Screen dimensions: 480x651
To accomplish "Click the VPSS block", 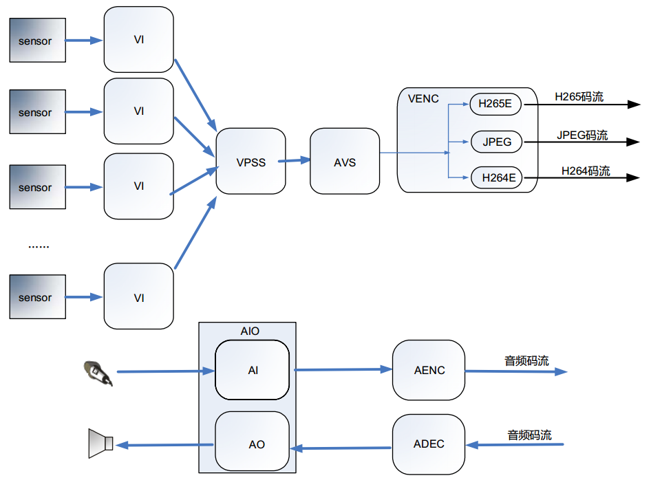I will click(250, 162).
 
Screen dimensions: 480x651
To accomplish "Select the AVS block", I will click(345, 162).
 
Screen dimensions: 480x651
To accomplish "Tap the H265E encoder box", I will click(495, 105).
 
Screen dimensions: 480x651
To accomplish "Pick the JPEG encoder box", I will click(495, 142).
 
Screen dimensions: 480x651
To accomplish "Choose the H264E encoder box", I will click(495, 178).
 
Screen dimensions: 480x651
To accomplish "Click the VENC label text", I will click(423, 99).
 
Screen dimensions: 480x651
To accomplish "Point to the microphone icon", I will click(97, 372).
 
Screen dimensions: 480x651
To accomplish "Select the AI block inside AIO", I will click(253, 370).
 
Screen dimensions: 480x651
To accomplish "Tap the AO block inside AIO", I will click(253, 444).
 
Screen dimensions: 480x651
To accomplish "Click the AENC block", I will click(429, 370).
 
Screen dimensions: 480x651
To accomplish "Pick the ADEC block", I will click(429, 444).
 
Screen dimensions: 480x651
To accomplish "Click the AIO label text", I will click(250, 331).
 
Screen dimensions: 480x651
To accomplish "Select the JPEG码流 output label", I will click(582, 135).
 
